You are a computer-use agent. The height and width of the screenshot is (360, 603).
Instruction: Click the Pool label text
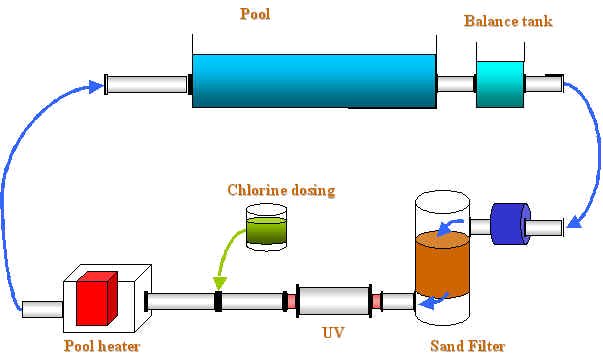coord(255,14)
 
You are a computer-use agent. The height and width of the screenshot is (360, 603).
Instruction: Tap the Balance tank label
coord(508,21)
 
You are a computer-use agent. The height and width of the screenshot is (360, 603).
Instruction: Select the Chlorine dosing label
coord(281,190)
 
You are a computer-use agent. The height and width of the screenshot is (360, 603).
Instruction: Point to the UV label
coord(333,332)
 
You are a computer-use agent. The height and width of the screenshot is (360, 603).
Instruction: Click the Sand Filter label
coord(467,346)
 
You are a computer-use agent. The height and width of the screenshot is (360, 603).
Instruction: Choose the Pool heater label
coord(102,346)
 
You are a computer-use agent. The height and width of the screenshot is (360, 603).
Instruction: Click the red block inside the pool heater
coord(97,298)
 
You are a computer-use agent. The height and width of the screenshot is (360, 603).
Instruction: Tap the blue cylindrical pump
coord(510,223)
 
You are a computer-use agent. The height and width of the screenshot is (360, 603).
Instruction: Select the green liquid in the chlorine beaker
coord(266,231)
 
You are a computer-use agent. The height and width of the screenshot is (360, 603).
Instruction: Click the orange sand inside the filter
coord(443,265)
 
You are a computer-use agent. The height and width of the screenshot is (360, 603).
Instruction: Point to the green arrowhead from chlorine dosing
coord(220,283)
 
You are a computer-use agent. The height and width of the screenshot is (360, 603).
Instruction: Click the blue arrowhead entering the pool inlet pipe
coord(96,87)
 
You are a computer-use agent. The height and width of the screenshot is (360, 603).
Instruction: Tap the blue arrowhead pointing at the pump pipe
coord(575,222)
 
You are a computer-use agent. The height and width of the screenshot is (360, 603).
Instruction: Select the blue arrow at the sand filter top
coord(449,227)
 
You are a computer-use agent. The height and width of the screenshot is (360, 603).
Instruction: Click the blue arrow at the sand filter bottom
coord(434,301)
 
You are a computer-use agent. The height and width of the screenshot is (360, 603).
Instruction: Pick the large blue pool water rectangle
coord(314,81)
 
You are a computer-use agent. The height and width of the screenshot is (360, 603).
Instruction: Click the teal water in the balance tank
coord(500,84)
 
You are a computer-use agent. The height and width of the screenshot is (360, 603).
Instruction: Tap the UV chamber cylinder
coord(334,301)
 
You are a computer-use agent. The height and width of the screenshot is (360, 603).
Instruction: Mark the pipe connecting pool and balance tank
coord(456,84)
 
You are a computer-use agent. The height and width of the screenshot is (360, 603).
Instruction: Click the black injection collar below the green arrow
coord(218,301)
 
